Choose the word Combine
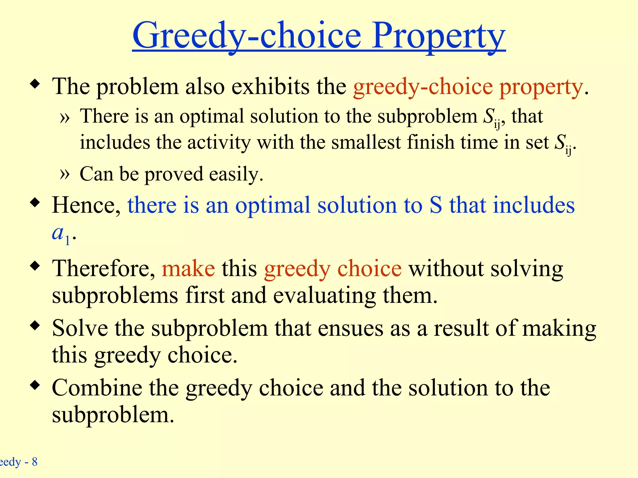pos(97,388)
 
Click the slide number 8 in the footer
pos(35,462)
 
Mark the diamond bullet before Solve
pos(35,326)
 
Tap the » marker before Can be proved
pos(64,174)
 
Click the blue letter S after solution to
pos(436,205)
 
